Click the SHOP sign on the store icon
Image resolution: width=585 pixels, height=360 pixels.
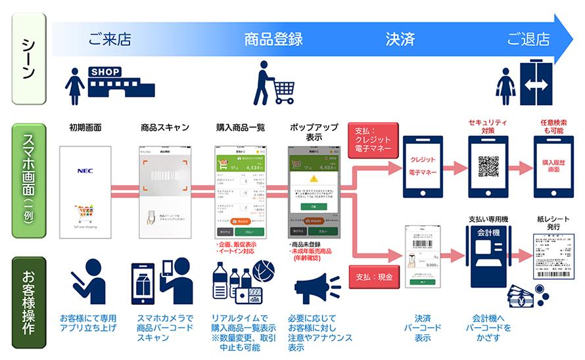pos(106,71)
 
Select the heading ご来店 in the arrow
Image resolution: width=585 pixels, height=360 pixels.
pos(109,39)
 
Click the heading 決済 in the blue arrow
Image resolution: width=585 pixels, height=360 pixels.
pos(400,39)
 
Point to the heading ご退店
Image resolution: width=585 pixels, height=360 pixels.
pos(528,39)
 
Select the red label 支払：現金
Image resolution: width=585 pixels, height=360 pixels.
pos(372,277)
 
